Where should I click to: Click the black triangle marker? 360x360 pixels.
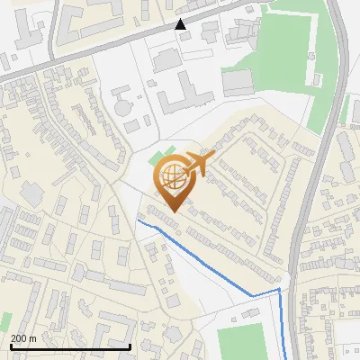pyautogui.click(x=181, y=24)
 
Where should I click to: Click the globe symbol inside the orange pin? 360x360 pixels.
pyautogui.click(x=171, y=175)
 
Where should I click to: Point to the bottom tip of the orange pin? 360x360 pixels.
pyautogui.click(x=171, y=212)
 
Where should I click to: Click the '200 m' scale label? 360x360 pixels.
pyautogui.click(x=23, y=338)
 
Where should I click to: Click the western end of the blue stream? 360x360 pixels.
pyautogui.click(x=138, y=220)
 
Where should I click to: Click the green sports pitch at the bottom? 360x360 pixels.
pyautogui.click(x=243, y=342)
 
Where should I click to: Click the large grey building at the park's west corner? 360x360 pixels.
pyautogui.click(x=238, y=83)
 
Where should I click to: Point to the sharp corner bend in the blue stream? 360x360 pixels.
pyautogui.click(x=279, y=290)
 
